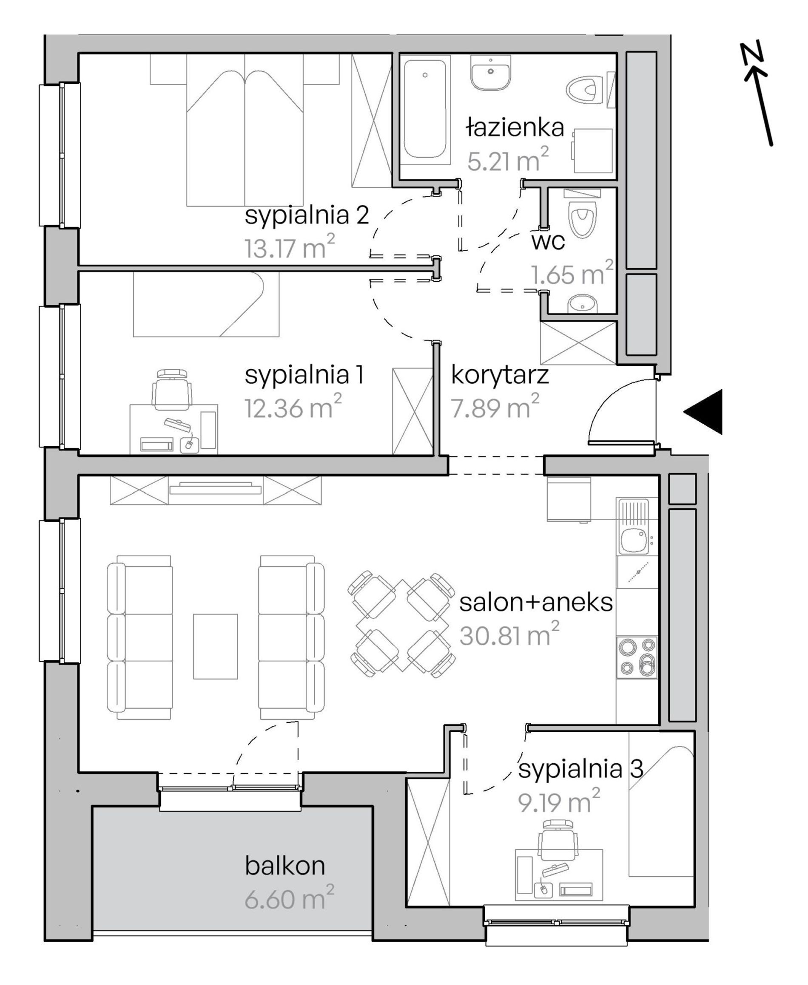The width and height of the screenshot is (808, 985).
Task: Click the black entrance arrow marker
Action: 703,412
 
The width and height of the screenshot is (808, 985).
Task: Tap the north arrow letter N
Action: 752,52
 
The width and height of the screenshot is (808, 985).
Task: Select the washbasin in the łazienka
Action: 491,73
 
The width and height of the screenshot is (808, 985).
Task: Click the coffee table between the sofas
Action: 216,646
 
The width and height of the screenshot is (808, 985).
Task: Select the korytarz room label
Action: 500,375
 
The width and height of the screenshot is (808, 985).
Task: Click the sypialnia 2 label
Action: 307,215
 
